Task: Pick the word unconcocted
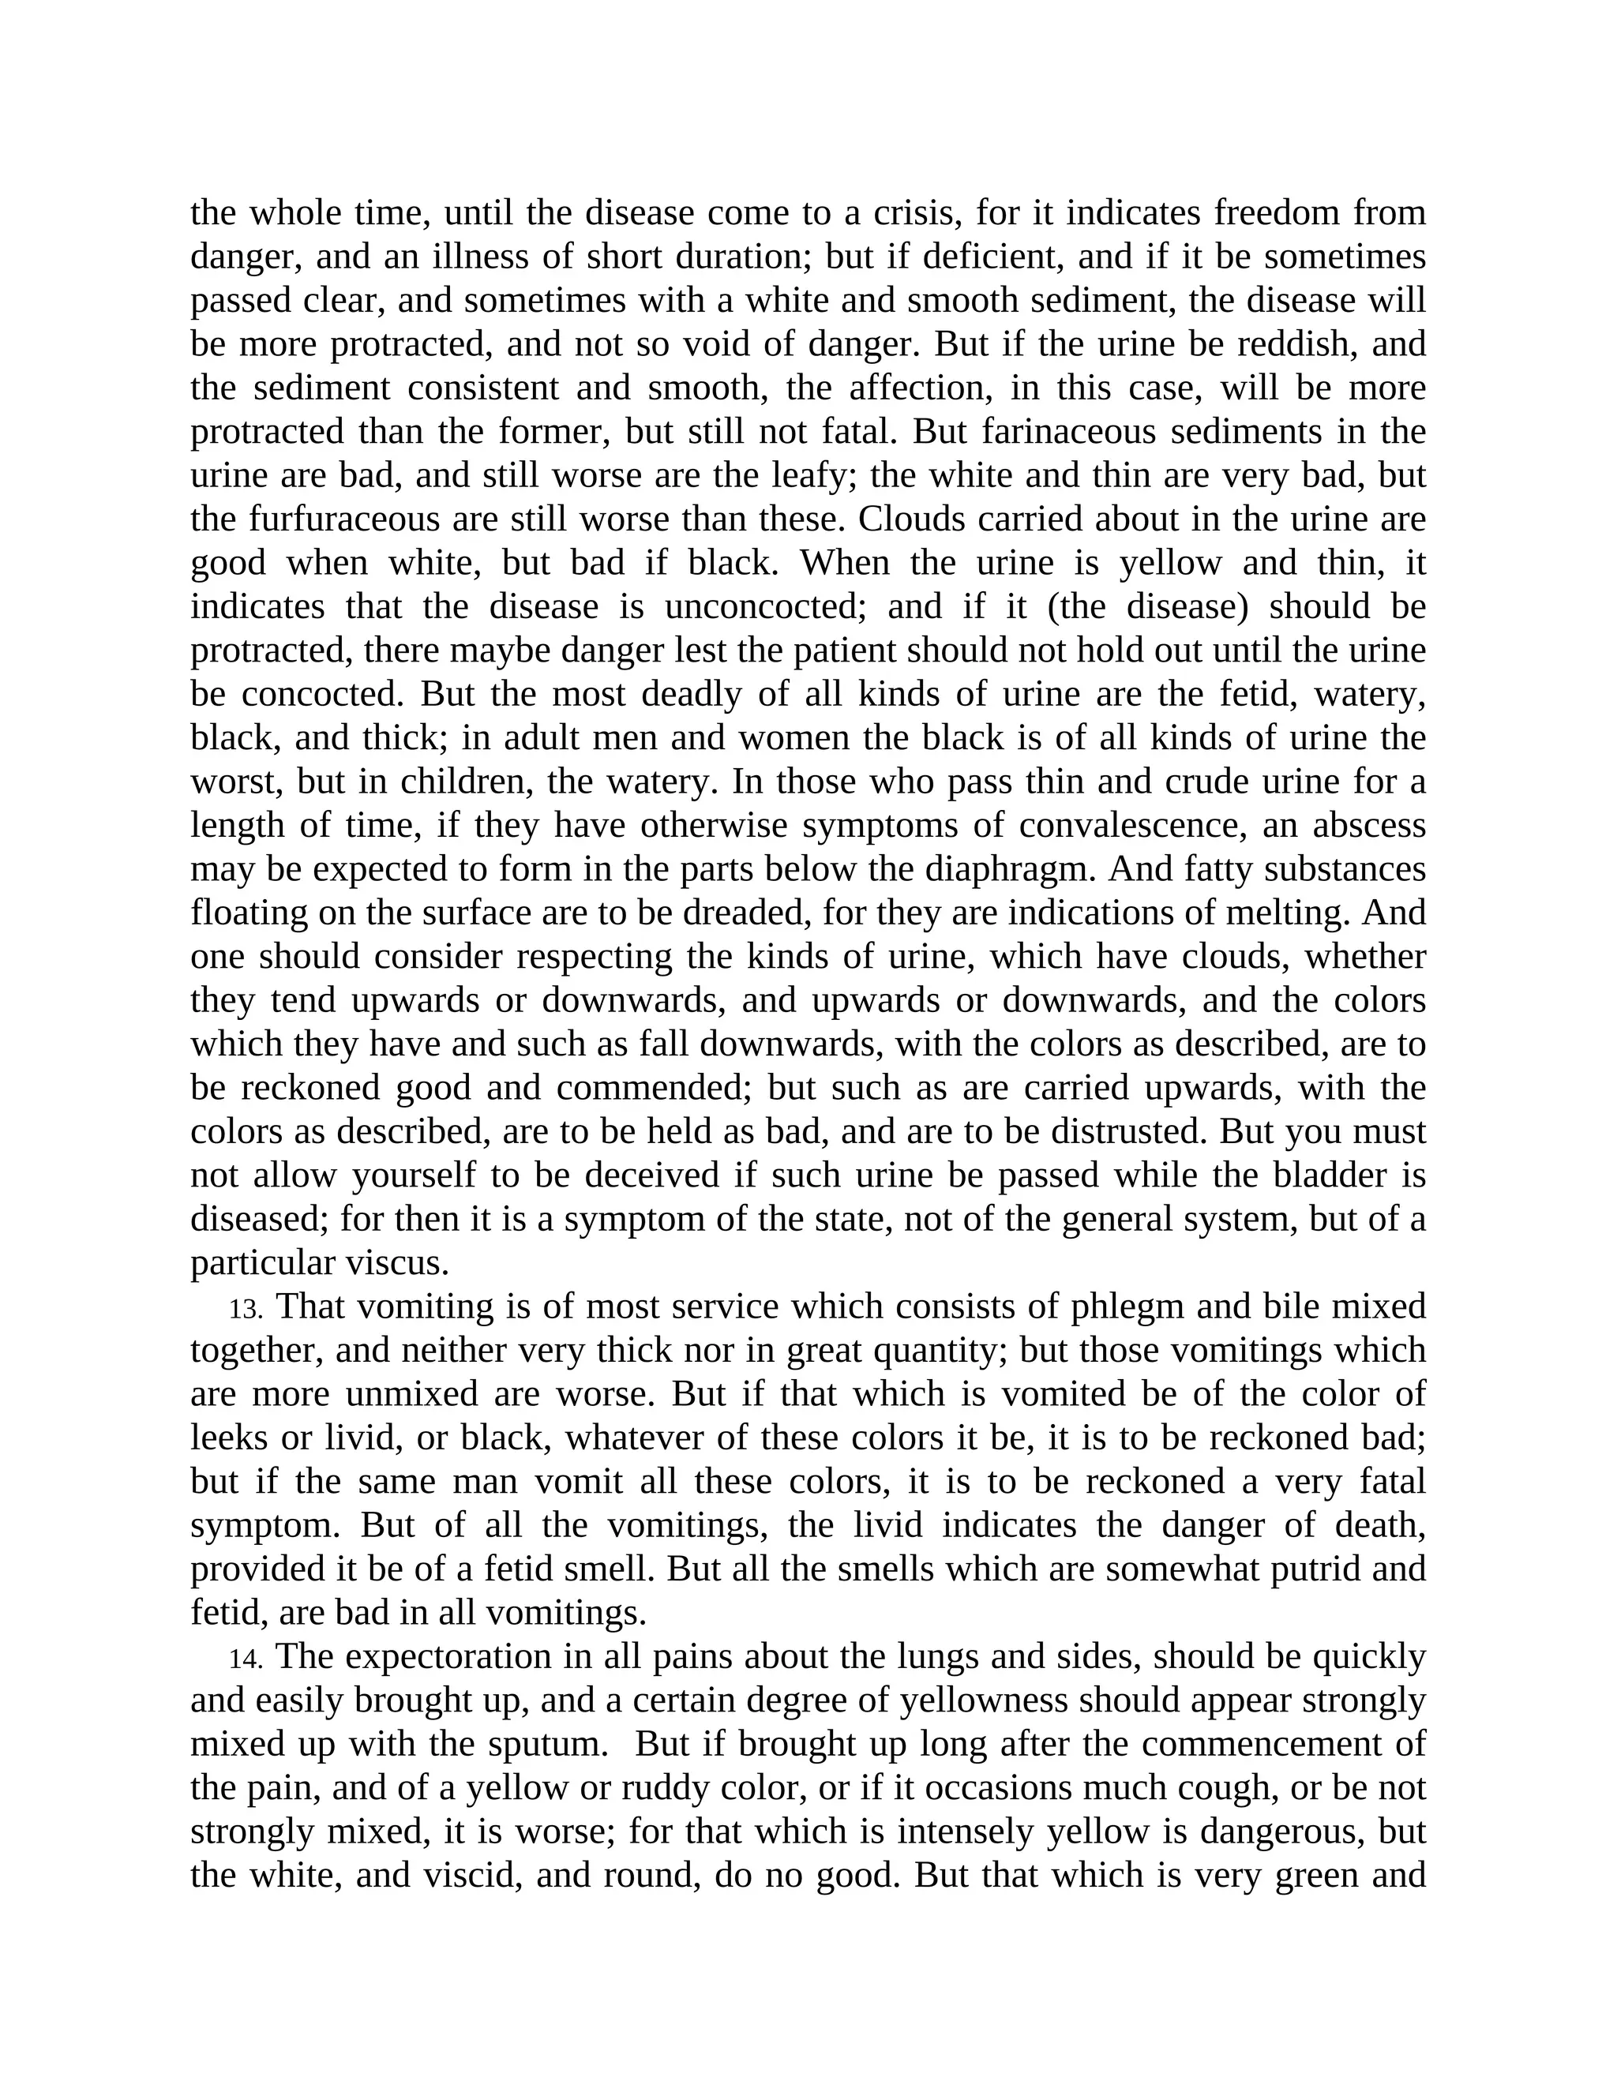[x=764, y=607]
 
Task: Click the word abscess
[x=1368, y=826]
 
